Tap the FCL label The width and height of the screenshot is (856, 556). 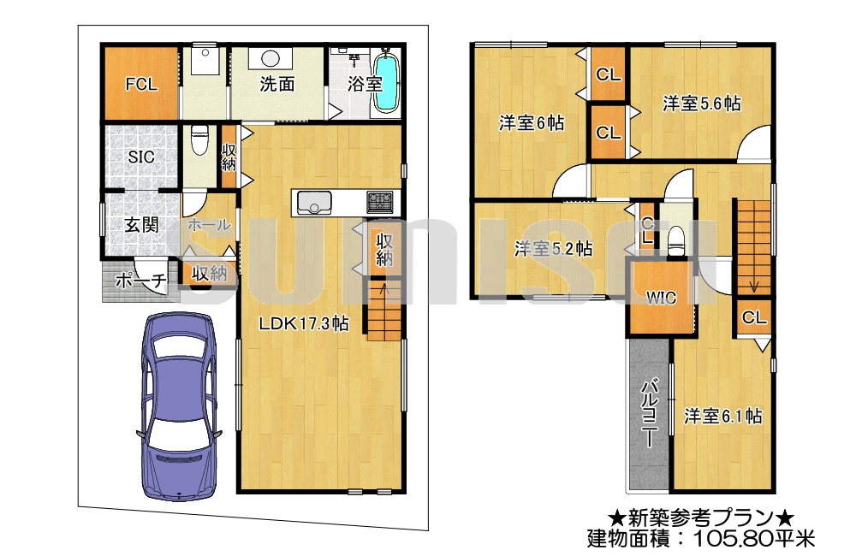(141, 84)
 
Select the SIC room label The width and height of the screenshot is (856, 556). (141, 157)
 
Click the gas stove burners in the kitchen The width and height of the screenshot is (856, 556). (379, 203)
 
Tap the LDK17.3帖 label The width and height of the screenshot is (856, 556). (304, 323)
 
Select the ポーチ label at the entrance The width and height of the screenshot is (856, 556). (140, 281)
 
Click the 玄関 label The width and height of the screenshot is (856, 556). (141, 225)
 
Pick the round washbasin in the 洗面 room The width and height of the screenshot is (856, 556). (271, 58)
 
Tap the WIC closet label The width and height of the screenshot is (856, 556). (661, 298)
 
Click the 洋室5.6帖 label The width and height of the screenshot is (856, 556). (702, 104)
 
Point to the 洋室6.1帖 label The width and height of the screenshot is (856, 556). (722, 417)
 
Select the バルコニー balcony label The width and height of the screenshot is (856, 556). (649, 413)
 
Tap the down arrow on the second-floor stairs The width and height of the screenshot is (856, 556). (753, 285)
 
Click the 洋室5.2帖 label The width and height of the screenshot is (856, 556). (553, 249)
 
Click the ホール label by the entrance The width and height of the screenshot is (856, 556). (209, 224)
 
